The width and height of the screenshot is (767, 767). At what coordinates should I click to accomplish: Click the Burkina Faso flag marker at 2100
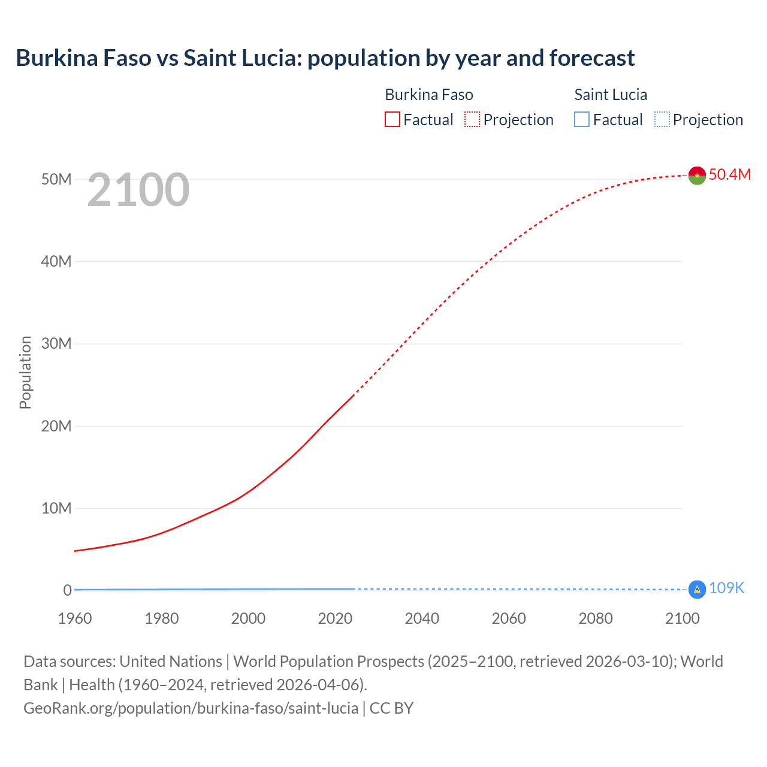tap(697, 175)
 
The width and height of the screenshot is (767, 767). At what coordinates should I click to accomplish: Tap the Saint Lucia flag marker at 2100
tap(697, 590)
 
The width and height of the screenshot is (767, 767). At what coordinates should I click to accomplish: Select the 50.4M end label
tap(729, 174)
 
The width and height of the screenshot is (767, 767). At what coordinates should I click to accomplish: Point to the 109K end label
tap(726, 588)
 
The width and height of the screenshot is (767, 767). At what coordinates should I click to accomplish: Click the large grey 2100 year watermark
tap(138, 190)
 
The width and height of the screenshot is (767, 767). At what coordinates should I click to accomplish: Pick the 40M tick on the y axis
tap(56, 261)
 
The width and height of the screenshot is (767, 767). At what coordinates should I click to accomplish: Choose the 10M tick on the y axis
tap(56, 508)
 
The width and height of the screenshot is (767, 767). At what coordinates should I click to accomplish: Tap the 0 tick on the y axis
tap(67, 590)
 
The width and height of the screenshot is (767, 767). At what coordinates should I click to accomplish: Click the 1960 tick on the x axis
tap(75, 618)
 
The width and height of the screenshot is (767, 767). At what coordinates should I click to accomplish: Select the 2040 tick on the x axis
tap(422, 618)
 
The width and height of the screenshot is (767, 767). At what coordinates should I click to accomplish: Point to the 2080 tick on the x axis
tap(596, 618)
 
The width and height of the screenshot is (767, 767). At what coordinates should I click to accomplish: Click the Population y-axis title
tap(25, 372)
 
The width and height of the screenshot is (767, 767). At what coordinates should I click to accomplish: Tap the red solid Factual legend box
tap(392, 120)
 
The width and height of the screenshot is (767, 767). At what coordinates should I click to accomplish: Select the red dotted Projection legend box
tap(472, 120)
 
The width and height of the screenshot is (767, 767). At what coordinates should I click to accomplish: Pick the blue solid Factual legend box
tap(582, 120)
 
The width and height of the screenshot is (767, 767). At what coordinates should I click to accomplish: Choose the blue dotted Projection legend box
tap(662, 120)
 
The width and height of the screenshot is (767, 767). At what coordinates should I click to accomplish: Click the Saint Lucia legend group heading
tap(611, 95)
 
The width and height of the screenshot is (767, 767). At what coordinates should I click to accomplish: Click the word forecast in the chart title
tap(592, 58)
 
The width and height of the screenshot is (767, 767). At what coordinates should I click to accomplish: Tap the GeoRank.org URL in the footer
tap(191, 708)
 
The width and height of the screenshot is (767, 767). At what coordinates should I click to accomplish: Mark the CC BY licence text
tap(391, 708)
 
